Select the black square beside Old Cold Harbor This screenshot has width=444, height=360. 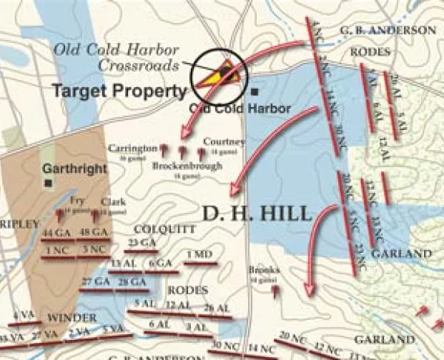[x=255, y=92]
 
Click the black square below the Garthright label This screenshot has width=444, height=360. [x=48, y=182]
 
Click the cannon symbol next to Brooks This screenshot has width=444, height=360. [x=276, y=291]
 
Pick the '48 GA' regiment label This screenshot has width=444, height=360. [x=97, y=234]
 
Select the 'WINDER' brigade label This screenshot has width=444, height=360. [x=72, y=317]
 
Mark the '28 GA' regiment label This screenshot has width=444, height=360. [x=132, y=282]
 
